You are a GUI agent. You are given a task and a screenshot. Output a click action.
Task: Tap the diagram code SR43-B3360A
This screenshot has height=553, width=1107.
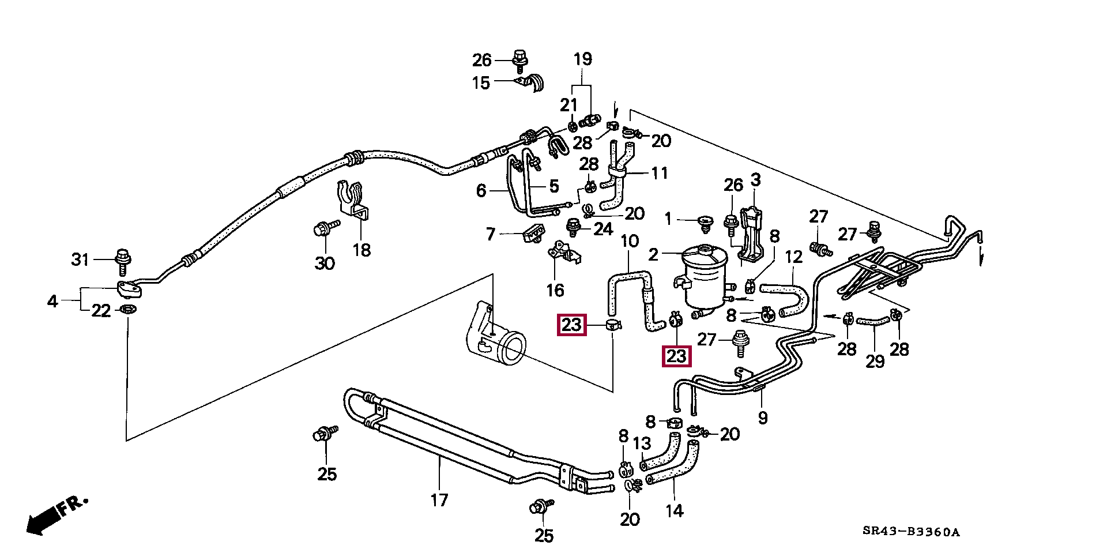[x=911, y=532]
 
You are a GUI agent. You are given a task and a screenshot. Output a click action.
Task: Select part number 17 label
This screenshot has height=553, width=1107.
[x=439, y=499]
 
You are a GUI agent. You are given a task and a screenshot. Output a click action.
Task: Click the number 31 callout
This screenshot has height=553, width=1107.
[x=81, y=259]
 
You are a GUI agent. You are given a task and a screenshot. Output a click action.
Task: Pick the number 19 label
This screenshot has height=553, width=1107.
[x=582, y=59]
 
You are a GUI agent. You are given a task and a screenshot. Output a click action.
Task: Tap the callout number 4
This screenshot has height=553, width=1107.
[x=52, y=300]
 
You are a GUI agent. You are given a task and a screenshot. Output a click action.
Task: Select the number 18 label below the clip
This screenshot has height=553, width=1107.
[x=362, y=250]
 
